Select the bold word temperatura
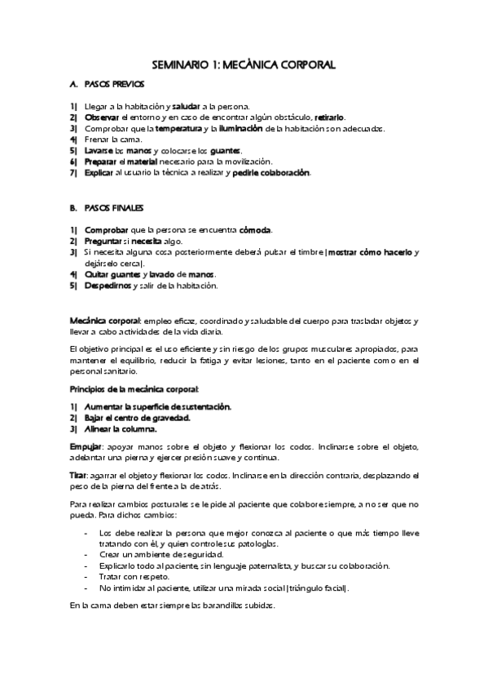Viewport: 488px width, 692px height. (x=178, y=129)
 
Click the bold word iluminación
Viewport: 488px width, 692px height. (x=240, y=129)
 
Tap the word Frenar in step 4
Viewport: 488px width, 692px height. (x=97, y=140)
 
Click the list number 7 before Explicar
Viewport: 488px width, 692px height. (x=73, y=173)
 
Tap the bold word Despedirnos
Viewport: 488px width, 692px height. (x=108, y=286)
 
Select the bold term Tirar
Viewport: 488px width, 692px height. (x=79, y=476)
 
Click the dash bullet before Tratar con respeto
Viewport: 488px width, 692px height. (x=86, y=577)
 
